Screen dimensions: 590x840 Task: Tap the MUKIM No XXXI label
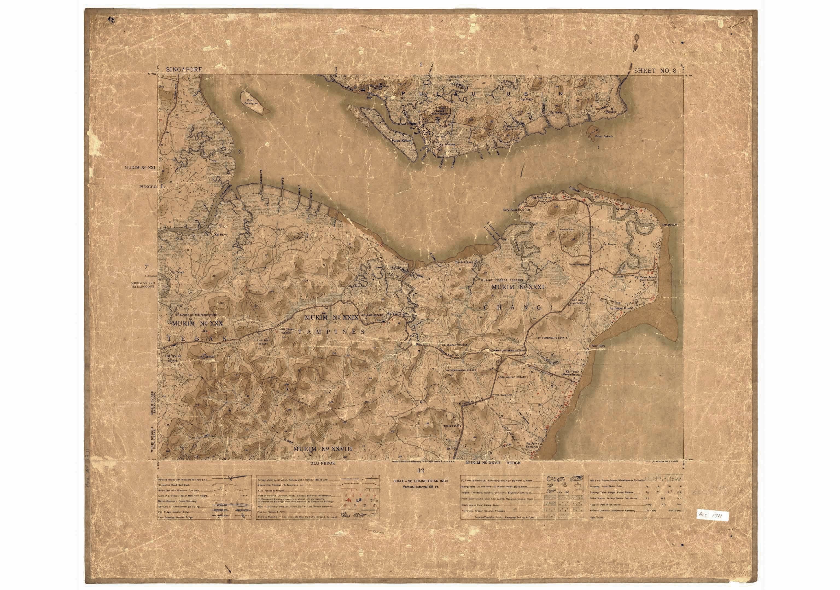click(x=518, y=288)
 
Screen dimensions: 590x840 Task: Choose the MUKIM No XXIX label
click(x=331, y=318)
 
